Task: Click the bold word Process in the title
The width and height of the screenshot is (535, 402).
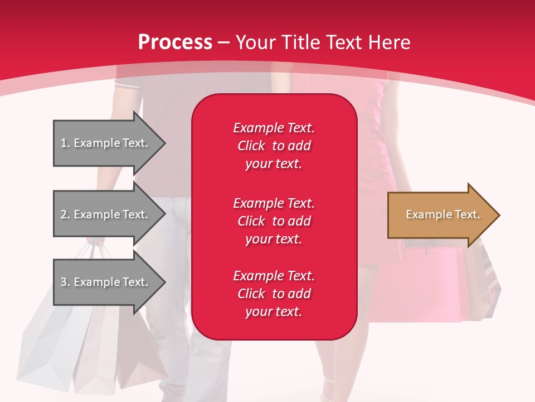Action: (175, 42)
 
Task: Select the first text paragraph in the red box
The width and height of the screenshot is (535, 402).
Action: (274, 146)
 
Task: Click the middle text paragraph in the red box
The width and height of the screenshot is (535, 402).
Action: (274, 221)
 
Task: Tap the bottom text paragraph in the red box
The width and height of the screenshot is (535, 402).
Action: (274, 294)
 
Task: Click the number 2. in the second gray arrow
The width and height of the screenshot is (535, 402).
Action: (65, 214)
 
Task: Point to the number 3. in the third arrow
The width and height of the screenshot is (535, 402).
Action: (65, 282)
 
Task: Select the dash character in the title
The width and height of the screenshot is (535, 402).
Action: (223, 42)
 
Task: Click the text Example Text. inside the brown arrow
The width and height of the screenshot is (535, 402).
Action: (442, 214)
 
